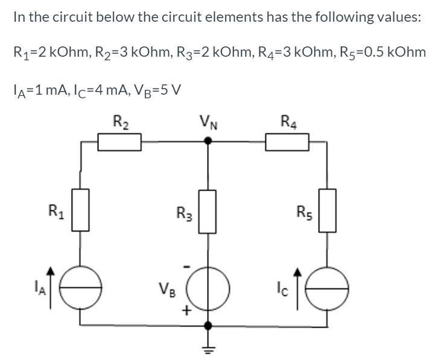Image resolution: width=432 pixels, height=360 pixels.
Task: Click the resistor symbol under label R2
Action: (x=119, y=142)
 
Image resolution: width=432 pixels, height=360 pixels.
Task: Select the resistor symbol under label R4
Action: (x=287, y=142)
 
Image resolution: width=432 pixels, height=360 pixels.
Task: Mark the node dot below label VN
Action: (x=208, y=141)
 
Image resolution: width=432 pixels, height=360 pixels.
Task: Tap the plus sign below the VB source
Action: (x=187, y=311)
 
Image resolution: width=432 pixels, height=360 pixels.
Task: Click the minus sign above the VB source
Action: (x=187, y=265)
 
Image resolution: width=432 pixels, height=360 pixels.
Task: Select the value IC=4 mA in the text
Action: (x=85, y=90)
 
